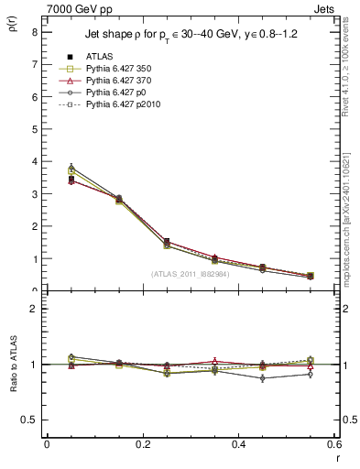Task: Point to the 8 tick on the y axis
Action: (x=34, y=32)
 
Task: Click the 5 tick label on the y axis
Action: (x=34, y=129)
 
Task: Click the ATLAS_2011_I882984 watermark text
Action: (x=190, y=273)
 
